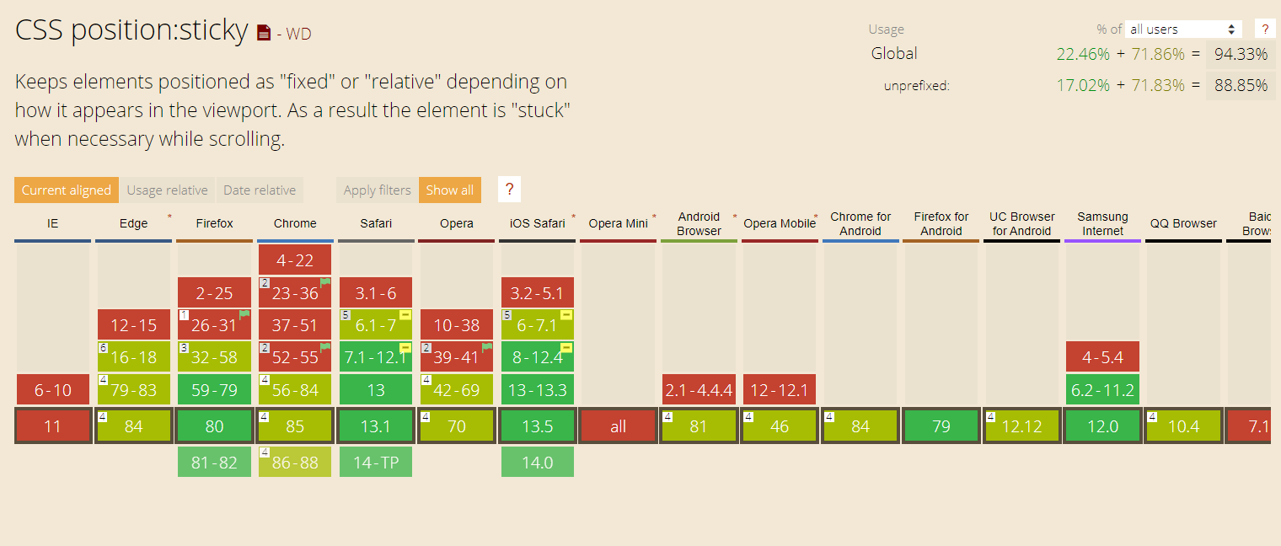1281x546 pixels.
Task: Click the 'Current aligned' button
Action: coord(67,190)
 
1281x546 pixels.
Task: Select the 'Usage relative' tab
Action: coord(167,190)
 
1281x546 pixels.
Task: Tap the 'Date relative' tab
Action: coord(260,190)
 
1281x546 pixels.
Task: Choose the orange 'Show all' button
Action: coord(449,190)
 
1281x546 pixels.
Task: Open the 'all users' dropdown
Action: coord(1182,29)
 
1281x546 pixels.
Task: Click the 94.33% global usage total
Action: coord(1241,54)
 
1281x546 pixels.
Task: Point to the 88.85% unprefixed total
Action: coord(1241,85)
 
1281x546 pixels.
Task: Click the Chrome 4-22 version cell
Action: coord(294,260)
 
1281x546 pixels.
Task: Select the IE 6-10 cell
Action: coord(52,390)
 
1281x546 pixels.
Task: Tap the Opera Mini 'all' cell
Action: coord(619,426)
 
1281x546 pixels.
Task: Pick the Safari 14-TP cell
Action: coord(376,462)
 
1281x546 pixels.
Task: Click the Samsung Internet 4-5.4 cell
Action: coord(1102,357)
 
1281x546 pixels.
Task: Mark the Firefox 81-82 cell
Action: coord(214,462)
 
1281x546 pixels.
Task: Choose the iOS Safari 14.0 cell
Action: coord(538,462)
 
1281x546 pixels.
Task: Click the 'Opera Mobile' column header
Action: coord(780,223)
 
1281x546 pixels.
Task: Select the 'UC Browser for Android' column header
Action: coord(1022,223)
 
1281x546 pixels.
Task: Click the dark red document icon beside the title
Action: coord(264,33)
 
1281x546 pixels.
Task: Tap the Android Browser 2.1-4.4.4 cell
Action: coord(699,390)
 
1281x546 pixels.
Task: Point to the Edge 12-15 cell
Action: coord(134,324)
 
